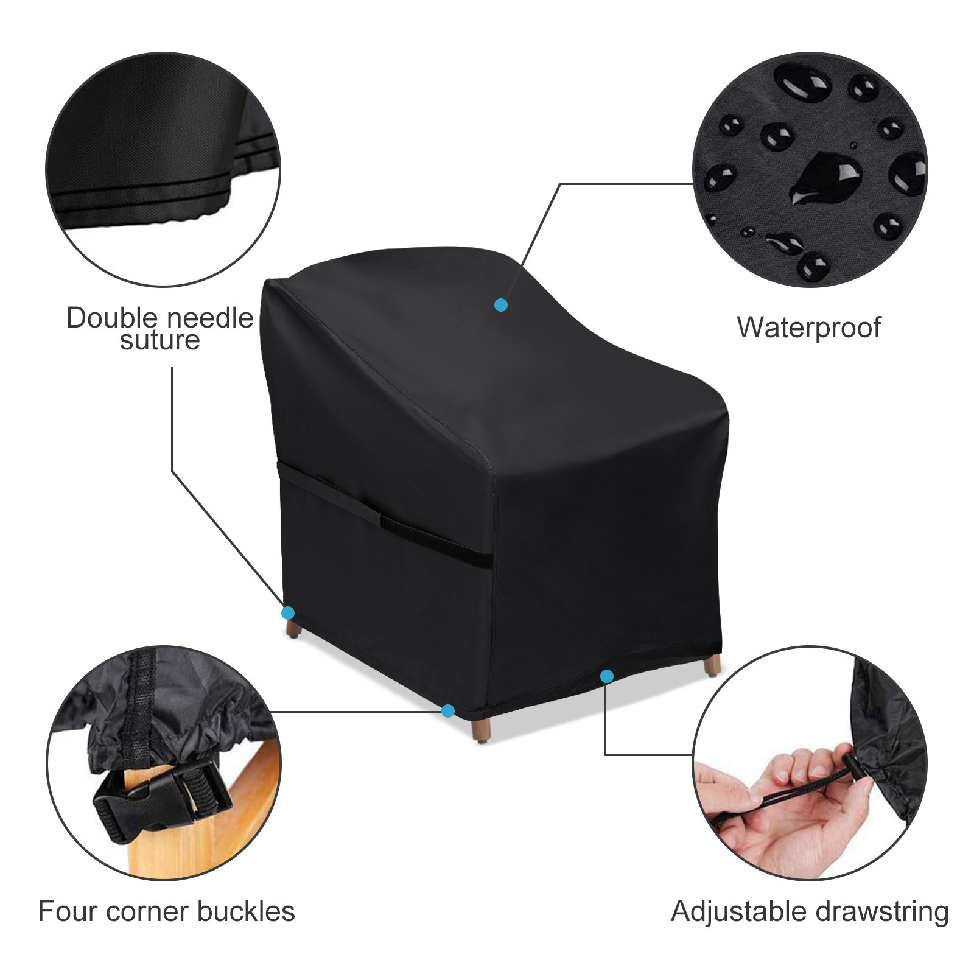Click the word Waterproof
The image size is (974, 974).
(x=808, y=328)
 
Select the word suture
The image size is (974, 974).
(x=159, y=340)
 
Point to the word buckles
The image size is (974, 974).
(x=246, y=911)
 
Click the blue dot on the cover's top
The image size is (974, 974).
(x=501, y=305)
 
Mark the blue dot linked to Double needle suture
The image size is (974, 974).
(x=288, y=613)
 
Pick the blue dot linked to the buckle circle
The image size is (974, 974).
(x=448, y=710)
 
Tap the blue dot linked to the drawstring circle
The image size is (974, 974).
(x=606, y=676)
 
